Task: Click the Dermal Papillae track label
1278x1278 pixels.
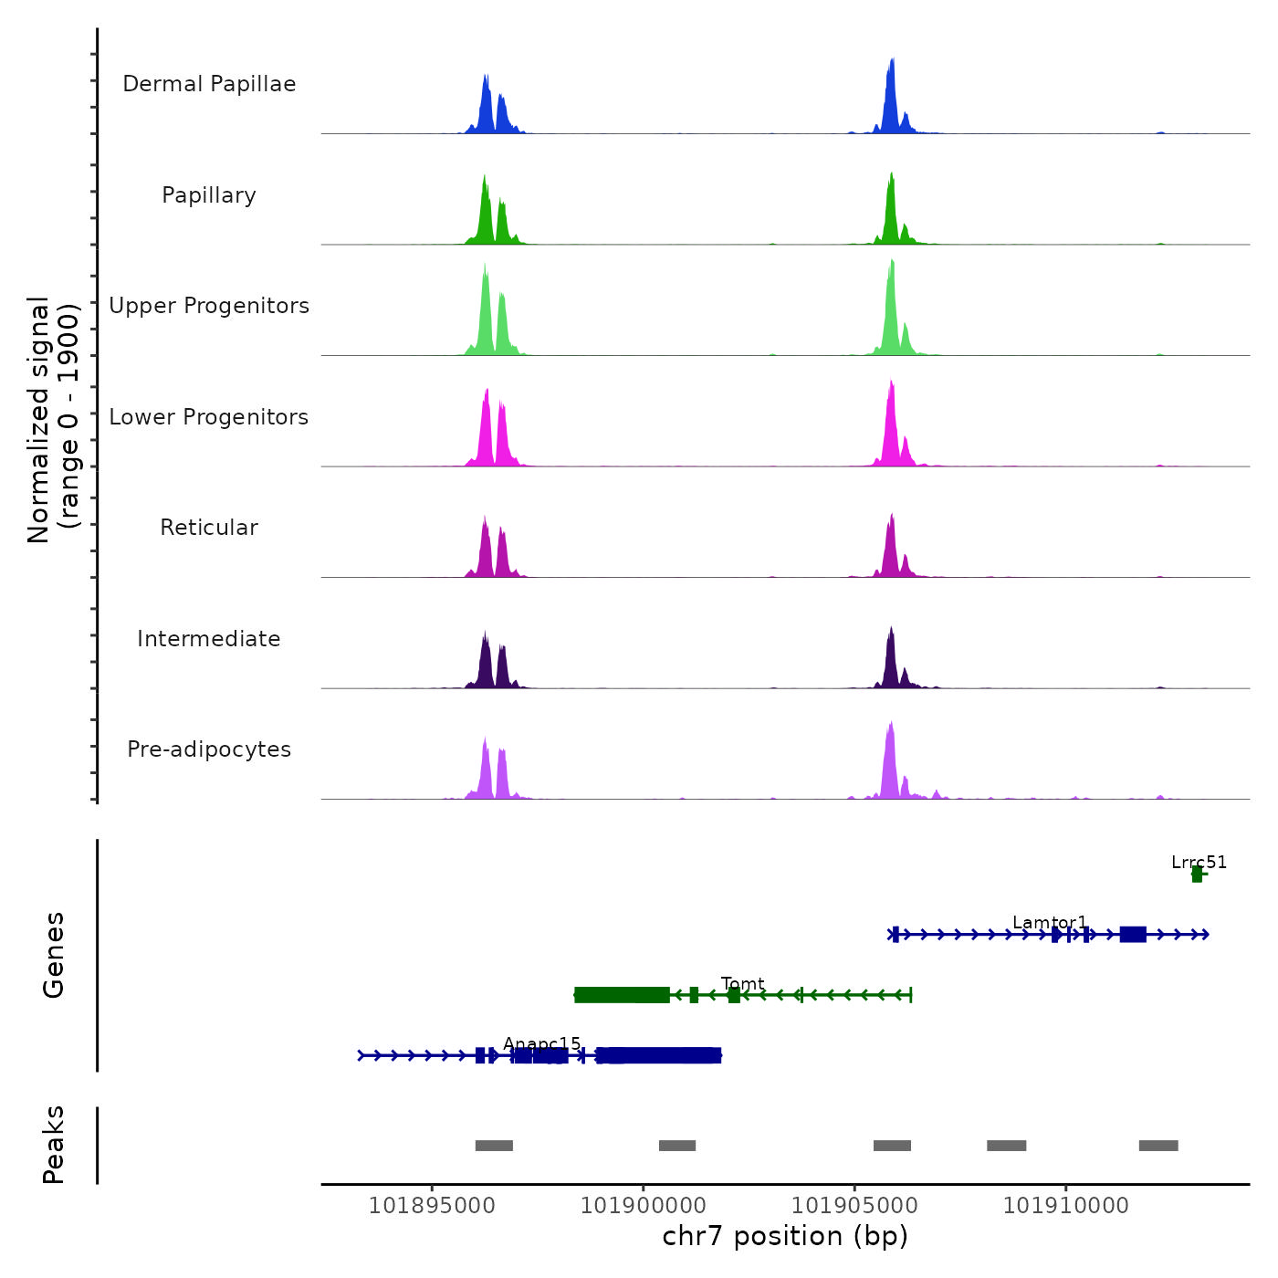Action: [x=209, y=84]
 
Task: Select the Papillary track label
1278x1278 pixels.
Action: [x=209, y=195]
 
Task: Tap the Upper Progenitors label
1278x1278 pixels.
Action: [x=209, y=306]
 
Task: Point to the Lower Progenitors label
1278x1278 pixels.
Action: [x=209, y=417]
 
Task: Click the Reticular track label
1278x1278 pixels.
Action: [x=209, y=528]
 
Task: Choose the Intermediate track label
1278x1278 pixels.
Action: [x=209, y=639]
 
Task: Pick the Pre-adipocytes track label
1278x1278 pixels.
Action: [x=209, y=749]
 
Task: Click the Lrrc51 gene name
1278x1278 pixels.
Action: [x=1199, y=862]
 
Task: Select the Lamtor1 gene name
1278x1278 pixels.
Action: [x=1050, y=923]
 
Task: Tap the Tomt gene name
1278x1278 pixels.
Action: [x=742, y=983]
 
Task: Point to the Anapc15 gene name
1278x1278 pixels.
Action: [x=541, y=1044]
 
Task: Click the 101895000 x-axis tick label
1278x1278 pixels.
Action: [x=432, y=1206]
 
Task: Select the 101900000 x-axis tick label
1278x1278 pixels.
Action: [x=644, y=1206]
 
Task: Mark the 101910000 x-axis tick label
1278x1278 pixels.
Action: [x=1065, y=1206]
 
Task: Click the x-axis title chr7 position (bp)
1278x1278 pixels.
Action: [x=785, y=1236]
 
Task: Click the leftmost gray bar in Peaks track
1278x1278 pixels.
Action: [x=494, y=1146]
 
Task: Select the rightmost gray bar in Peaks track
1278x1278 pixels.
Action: [x=1158, y=1146]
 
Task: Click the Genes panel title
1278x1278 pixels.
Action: [x=54, y=955]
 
